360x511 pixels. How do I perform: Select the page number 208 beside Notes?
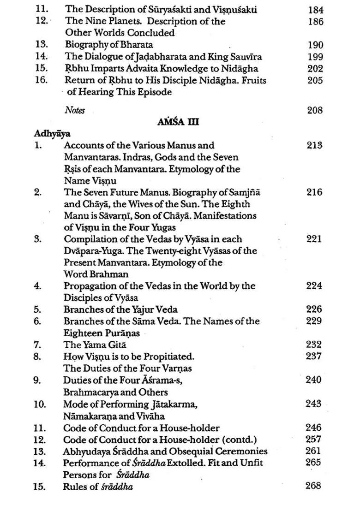(x=315, y=110)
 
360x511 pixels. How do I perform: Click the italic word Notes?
(x=75, y=110)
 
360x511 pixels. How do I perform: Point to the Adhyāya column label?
(x=52, y=134)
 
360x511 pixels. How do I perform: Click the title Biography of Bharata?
(x=109, y=45)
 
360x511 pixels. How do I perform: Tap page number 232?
(x=315, y=345)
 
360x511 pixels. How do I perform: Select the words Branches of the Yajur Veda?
(x=121, y=309)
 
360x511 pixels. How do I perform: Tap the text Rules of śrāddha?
(x=98, y=486)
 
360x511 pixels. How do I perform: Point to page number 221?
(x=314, y=239)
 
